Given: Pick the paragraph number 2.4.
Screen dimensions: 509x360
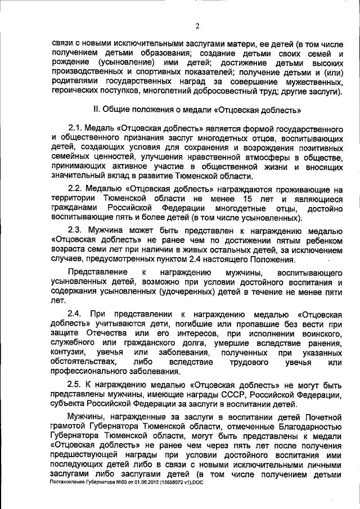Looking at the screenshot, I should (75, 312).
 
